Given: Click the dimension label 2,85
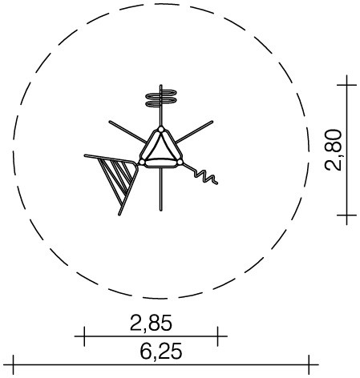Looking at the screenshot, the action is coord(151,324).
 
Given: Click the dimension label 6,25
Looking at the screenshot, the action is coord(161,351).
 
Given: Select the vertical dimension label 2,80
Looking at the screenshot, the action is coord(334,150).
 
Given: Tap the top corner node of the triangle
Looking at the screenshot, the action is coord(161,130).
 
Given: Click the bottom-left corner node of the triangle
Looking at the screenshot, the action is coord(142,162).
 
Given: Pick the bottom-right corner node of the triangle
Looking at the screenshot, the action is coord(180,162).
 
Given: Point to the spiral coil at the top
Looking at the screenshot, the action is coord(160,98).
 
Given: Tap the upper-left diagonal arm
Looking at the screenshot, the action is coord(127,132).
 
